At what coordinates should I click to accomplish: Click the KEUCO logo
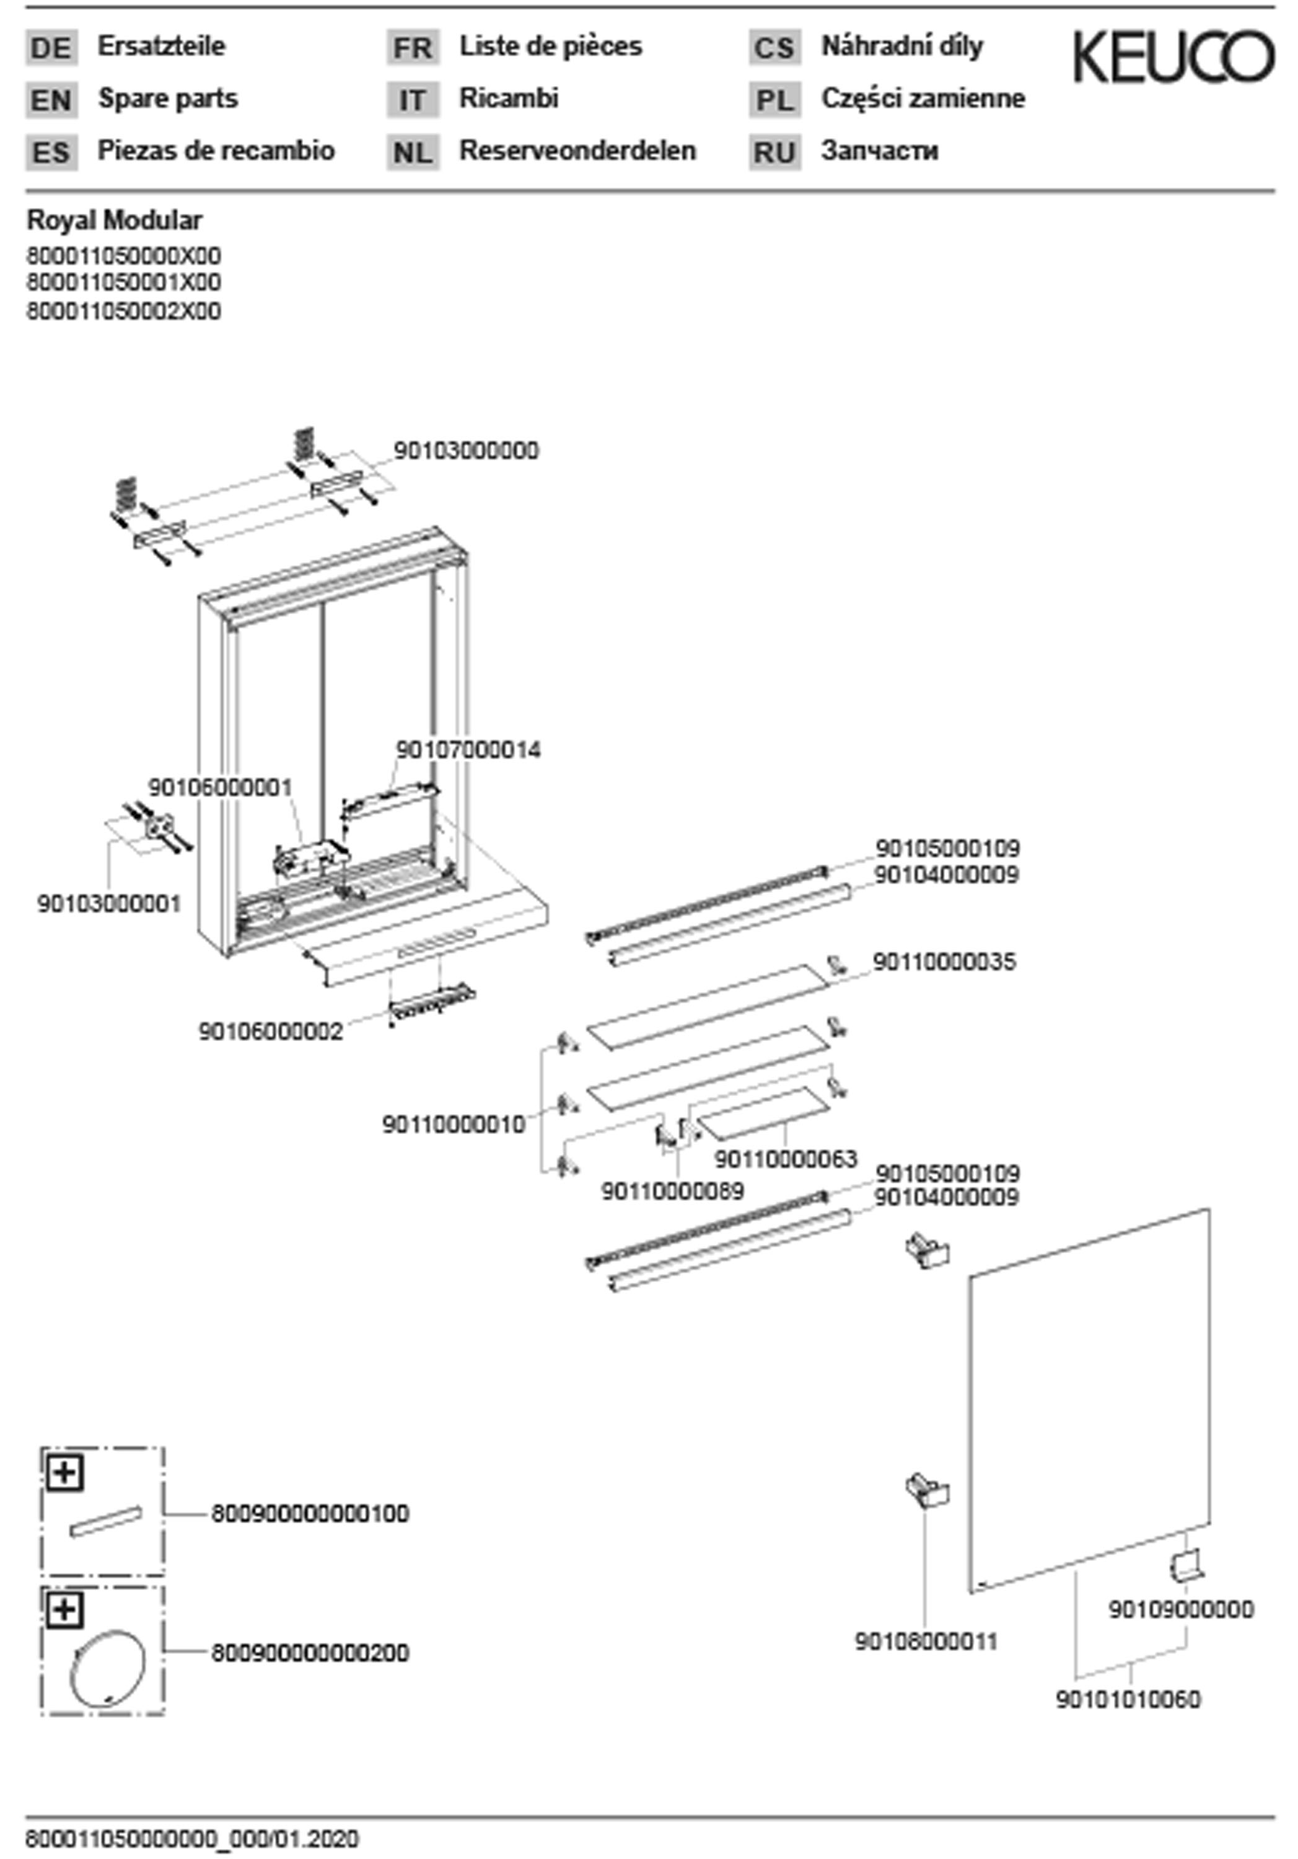coord(1173,56)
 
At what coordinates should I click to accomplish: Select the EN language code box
coord(51,100)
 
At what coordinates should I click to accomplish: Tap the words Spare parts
coord(168,99)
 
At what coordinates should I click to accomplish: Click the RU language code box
coord(774,153)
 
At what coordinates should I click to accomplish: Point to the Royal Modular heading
coord(115,220)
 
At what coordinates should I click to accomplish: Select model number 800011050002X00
coord(123,311)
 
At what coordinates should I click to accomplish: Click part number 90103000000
coord(465,451)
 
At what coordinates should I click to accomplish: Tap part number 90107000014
coord(467,750)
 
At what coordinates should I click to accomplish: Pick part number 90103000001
coord(109,903)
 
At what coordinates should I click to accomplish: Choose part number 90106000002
coord(271,1032)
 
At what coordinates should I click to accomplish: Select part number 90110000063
coord(784,1159)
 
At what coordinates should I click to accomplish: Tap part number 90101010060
coord(1127,1699)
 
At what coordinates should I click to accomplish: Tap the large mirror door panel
coord(1089,1400)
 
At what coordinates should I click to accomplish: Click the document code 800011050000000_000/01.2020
coord(192,1839)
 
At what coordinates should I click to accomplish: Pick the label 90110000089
coord(672,1192)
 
